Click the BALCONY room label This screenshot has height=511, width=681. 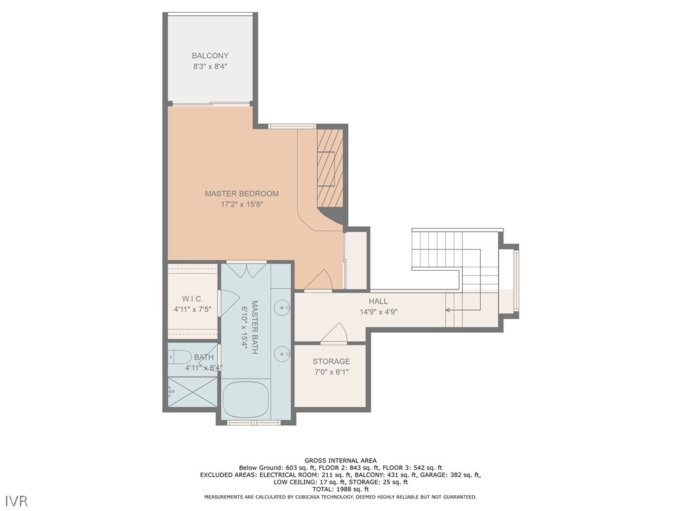210,56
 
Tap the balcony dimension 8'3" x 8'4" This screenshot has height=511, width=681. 210,67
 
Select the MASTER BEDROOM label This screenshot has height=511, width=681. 241,194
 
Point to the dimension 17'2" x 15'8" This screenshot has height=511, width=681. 242,205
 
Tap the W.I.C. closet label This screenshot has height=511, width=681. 192,299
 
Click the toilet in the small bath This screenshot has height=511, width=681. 181,357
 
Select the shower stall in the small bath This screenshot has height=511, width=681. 192,393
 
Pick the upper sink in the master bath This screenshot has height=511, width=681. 284,308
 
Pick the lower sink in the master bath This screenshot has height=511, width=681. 284,354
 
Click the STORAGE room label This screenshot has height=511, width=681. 331,361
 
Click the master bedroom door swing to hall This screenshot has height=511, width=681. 320,281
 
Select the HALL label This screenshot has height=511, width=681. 378,301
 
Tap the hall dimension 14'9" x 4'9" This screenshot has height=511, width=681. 378,312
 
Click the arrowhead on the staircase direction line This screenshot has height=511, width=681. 448,310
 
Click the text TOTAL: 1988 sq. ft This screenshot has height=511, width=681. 340,489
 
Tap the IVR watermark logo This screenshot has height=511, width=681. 17,500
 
